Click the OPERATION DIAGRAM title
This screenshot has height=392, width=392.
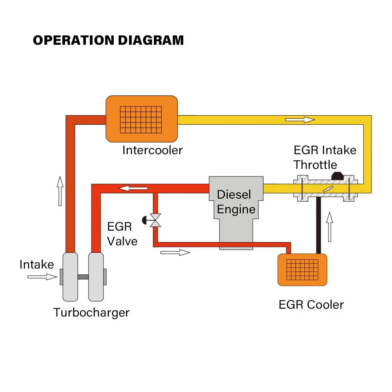point(108,40)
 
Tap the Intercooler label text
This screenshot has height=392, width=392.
point(152,150)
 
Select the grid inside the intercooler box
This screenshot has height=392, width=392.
point(141,120)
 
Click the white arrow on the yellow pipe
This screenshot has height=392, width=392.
point(300,120)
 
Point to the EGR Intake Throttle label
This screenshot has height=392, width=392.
point(324,157)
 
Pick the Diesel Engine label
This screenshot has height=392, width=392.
point(236,202)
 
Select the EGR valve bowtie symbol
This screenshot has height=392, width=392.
point(155,220)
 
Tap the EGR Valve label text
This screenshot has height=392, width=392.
point(122,234)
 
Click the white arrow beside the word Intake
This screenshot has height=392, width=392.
point(42,277)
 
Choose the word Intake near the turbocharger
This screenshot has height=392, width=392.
point(37,264)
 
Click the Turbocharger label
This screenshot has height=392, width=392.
point(91,313)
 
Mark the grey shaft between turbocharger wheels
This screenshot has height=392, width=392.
point(83,277)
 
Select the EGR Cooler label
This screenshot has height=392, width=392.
point(311,305)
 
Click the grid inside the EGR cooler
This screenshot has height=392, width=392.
point(302,270)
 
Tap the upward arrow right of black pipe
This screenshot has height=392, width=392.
point(330,227)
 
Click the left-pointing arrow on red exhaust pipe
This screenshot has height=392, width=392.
point(133,188)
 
